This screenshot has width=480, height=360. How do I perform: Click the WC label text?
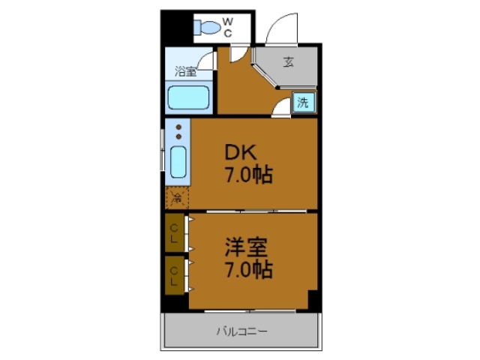[227, 28]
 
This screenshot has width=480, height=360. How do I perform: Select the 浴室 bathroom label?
[186, 72]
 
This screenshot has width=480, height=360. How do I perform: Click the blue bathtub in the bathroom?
[188, 98]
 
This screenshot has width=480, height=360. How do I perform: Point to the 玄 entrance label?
[289, 62]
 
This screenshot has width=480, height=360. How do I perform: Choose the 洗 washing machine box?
[302, 103]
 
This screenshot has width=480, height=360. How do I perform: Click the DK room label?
[242, 153]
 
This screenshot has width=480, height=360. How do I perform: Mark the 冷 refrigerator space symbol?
[177, 199]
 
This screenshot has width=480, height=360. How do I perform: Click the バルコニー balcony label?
[241, 331]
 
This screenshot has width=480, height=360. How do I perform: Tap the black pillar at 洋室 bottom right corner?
[314, 299]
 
